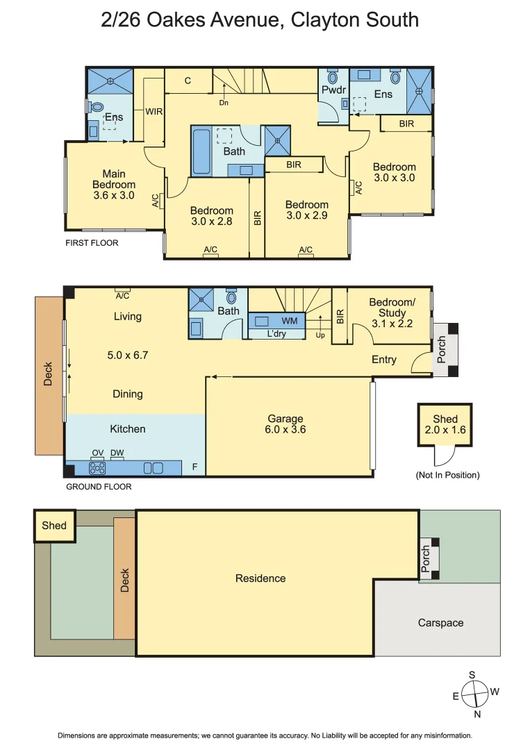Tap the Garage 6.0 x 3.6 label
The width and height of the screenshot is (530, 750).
point(285,424)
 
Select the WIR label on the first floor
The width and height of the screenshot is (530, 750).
point(154,111)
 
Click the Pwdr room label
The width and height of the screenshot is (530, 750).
point(333,90)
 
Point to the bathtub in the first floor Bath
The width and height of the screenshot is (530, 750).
point(201,151)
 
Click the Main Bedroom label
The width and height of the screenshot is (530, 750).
point(114,184)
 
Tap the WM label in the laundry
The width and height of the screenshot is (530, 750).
point(290,320)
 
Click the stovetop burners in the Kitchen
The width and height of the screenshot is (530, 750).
point(97,467)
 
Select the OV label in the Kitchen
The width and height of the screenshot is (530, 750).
point(97,453)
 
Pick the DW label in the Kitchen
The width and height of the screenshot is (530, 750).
point(117,453)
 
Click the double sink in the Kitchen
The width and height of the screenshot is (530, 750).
point(153,468)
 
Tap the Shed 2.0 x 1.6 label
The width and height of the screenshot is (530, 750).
point(445,424)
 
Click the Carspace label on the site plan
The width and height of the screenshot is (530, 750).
point(440,623)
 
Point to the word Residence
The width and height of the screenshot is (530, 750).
point(260,578)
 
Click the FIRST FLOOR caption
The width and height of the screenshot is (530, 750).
point(92,243)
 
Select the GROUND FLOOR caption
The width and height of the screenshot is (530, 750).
point(99,486)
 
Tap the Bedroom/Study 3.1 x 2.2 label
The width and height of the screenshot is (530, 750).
point(392,312)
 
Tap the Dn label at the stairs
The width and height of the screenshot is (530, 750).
point(224,102)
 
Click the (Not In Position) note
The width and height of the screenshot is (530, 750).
point(448,475)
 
